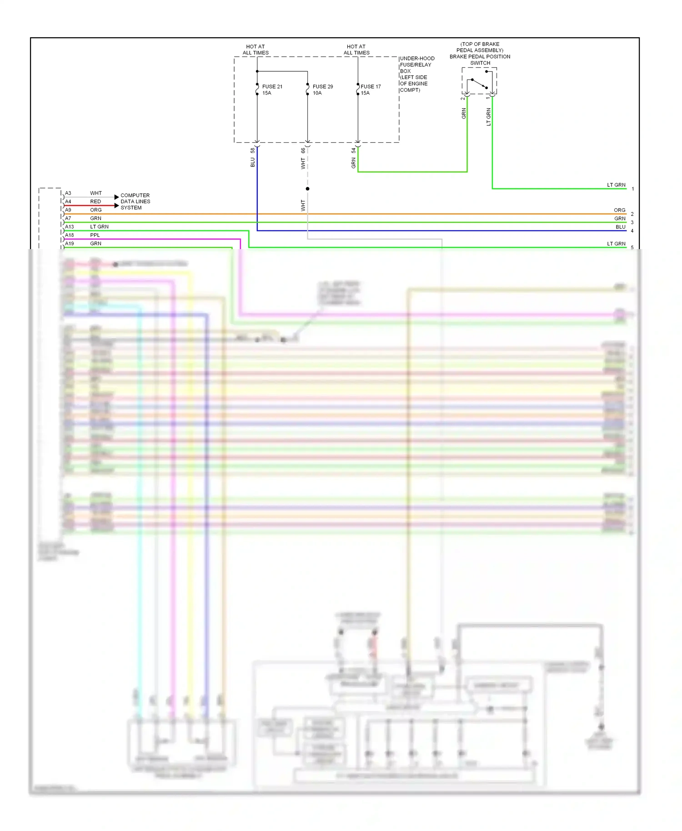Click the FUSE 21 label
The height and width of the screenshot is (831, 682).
(272, 86)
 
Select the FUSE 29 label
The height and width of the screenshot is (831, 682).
(322, 86)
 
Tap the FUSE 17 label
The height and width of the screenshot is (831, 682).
(371, 86)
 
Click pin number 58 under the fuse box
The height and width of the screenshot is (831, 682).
(253, 150)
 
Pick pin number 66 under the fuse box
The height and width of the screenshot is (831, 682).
(303, 150)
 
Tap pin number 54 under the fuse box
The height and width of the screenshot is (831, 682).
(353, 150)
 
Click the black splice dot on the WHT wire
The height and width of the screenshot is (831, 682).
(308, 189)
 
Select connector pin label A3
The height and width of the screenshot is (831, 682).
(68, 193)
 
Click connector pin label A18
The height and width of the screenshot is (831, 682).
(69, 235)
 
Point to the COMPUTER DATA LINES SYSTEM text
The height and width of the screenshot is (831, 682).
(135, 201)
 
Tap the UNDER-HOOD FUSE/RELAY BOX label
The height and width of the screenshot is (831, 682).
(416, 74)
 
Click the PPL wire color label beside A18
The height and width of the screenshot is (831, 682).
(95, 235)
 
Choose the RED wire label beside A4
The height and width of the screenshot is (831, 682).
(95, 201)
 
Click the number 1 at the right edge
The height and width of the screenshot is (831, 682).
(632, 189)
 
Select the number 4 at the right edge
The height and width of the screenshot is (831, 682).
(632, 231)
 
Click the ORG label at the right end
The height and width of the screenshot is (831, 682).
(619, 210)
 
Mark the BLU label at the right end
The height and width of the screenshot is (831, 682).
(620, 227)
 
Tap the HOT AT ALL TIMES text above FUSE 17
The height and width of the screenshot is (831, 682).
(356, 50)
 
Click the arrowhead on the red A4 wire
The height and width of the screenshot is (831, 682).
(116, 205)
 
